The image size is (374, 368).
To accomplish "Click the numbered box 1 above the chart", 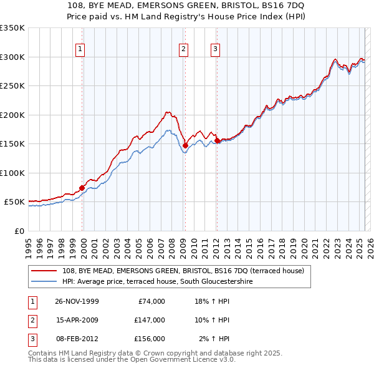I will [x=81, y=50].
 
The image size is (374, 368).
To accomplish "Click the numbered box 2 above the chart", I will [x=184, y=50].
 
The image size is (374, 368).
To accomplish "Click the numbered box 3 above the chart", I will [x=215, y=50].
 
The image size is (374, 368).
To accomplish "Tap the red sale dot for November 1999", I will [x=82, y=188].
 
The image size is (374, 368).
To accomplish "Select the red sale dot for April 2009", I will [x=185, y=145].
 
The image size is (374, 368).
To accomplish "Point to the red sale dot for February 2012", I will [x=217, y=140].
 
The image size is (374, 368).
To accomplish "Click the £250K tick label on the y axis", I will [x=12, y=86].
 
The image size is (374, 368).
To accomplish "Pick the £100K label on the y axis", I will [x=12, y=173].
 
